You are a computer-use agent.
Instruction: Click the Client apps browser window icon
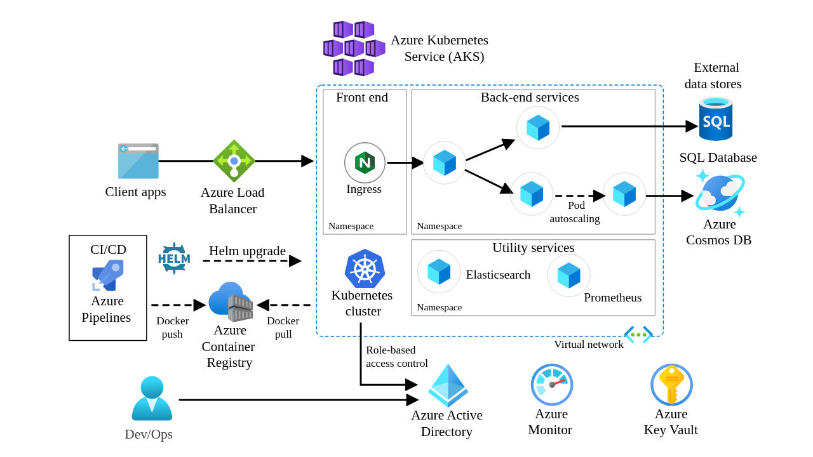138,161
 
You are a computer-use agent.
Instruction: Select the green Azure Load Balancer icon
234,161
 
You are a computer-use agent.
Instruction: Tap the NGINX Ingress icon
365,162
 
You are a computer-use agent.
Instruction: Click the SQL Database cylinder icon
716,119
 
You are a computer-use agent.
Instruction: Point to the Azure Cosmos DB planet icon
720,193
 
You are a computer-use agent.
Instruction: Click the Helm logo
174,258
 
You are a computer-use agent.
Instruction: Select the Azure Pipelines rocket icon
108,275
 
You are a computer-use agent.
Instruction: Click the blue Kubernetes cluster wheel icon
365,268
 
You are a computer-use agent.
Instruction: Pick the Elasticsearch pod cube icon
439,272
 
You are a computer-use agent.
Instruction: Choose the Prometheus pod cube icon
568,275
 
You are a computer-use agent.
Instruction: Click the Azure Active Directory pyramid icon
448,385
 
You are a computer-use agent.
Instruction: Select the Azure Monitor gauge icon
552,385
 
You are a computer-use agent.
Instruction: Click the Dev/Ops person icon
152,399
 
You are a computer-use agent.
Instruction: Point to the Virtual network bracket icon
638,334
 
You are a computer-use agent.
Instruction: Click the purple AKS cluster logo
354,48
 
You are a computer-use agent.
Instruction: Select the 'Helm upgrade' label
247,251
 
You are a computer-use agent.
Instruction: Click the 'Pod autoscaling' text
575,212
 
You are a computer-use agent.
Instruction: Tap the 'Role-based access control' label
396,357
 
